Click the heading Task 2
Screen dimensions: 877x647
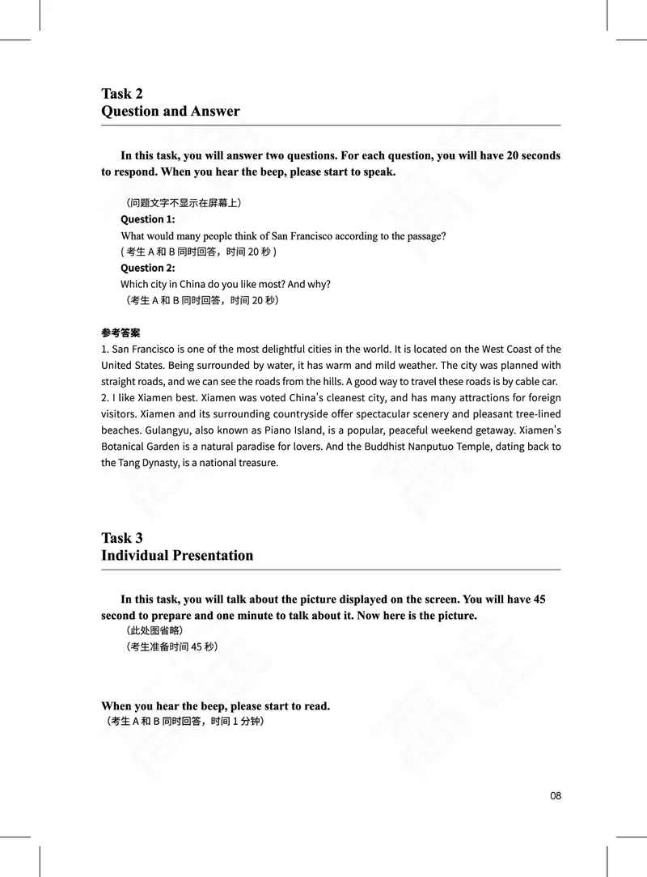pyautogui.click(x=122, y=93)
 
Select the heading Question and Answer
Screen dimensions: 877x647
pyautogui.click(x=170, y=111)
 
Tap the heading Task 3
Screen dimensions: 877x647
pyautogui.click(x=122, y=537)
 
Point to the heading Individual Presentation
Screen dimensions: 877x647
pyautogui.click(x=176, y=555)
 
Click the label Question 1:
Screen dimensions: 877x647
pyautogui.click(x=147, y=219)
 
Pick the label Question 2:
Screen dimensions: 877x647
pyautogui.click(x=147, y=268)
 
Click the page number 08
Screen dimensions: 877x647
pyautogui.click(x=555, y=795)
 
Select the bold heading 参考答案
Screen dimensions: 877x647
pyautogui.click(x=121, y=333)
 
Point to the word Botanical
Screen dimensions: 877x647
pyautogui.click(x=125, y=447)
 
